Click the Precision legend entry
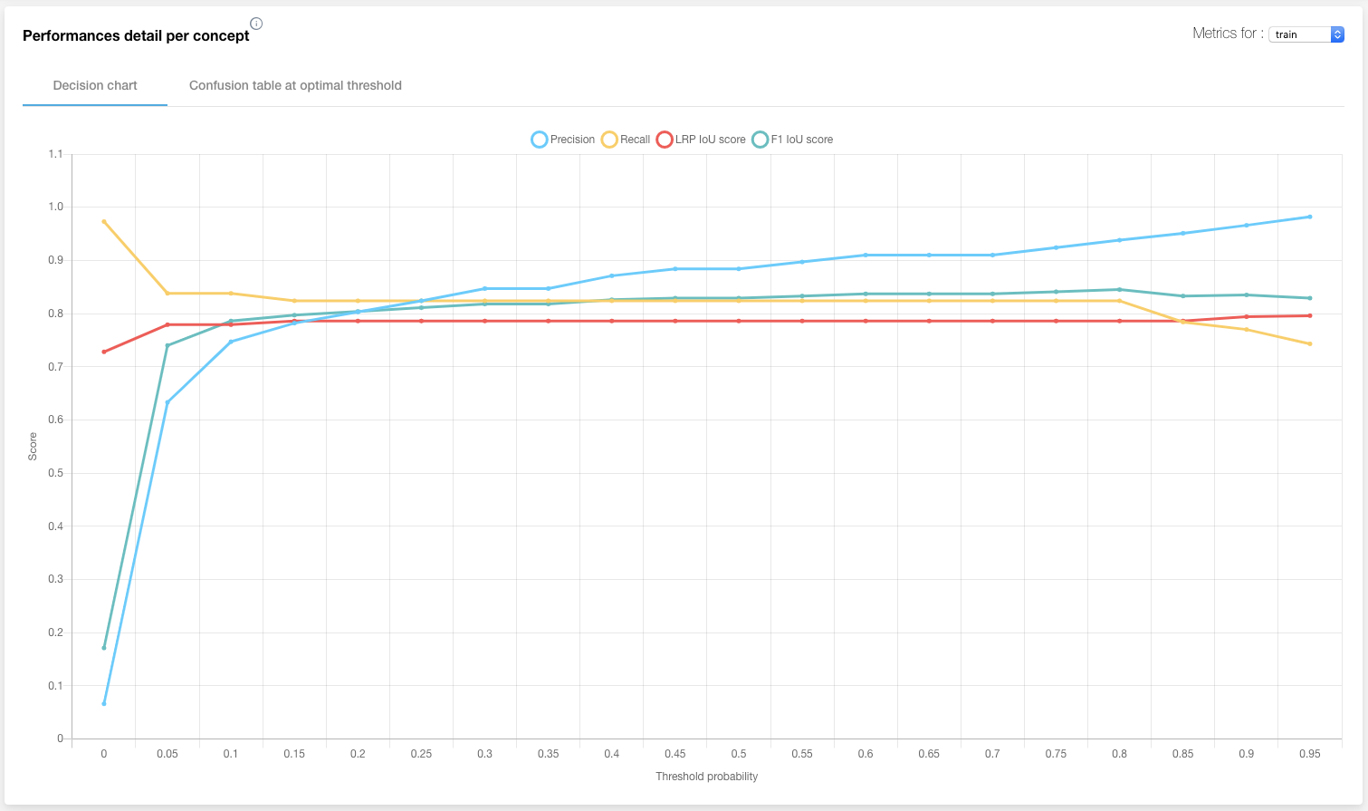click(x=563, y=140)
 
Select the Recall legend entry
click(x=626, y=140)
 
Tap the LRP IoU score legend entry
click(x=701, y=140)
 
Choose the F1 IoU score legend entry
click(x=792, y=140)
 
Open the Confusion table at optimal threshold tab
click(x=295, y=85)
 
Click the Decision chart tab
click(x=95, y=85)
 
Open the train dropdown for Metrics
click(x=1306, y=34)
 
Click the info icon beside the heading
click(x=256, y=24)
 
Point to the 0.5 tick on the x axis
click(x=739, y=754)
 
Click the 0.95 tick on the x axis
click(x=1309, y=754)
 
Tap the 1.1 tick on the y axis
click(x=56, y=154)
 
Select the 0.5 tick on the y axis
click(x=56, y=473)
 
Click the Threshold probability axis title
click(x=706, y=777)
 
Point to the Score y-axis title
click(x=33, y=446)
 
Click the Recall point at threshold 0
click(x=104, y=221)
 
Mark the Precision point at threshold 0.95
click(x=1310, y=217)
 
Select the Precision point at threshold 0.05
click(x=167, y=402)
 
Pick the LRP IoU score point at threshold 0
click(x=104, y=352)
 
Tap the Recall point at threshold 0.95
click(x=1310, y=343)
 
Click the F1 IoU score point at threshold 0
click(x=104, y=648)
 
